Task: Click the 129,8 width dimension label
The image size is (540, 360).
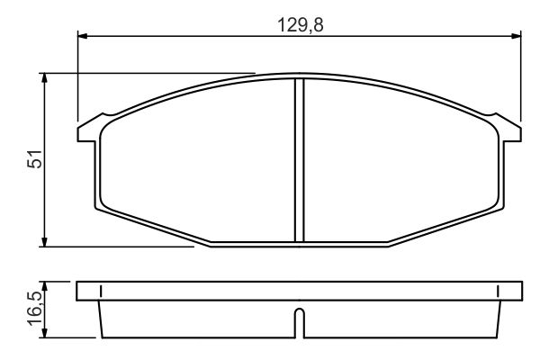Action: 301,25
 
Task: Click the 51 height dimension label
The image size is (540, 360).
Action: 35,158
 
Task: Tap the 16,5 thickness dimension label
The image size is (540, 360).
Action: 35,309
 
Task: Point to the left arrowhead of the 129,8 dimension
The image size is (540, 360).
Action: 83,35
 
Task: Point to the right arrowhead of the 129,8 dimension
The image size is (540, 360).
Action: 517,35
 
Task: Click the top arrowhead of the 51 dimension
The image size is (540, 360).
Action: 44,78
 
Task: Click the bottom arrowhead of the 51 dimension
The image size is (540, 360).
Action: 44,242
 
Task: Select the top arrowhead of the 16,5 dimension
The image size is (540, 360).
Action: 44,286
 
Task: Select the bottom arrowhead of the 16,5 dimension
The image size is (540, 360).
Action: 44,333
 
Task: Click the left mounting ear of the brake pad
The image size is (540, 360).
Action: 89,130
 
